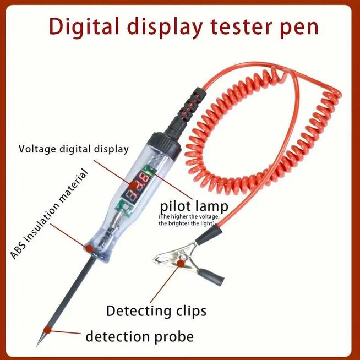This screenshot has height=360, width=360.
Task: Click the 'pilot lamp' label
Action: coord(193,208)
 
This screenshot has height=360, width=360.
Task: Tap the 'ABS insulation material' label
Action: coord(50,215)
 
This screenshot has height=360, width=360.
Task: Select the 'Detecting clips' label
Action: coord(156,310)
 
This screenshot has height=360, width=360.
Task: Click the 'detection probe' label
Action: coord(139,336)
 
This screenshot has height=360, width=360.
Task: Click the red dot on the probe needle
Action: coord(48,330)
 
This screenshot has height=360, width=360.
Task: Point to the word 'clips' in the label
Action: coord(187,311)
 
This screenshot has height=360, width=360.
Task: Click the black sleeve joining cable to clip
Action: coord(209,238)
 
